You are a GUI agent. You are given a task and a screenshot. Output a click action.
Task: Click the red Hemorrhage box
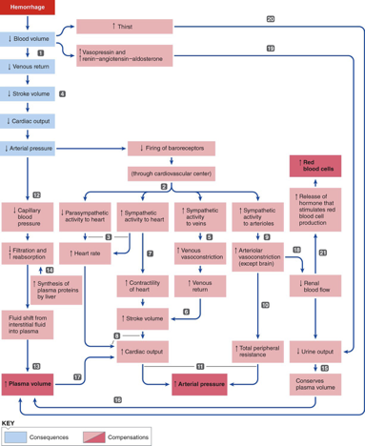28,8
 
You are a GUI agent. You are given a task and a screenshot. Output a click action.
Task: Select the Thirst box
124,27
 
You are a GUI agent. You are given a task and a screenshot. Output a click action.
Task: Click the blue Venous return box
29,69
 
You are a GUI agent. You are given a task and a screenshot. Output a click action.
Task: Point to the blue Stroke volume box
29,95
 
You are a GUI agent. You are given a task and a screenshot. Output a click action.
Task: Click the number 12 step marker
36,193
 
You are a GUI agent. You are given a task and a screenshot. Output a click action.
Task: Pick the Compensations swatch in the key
109,436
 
